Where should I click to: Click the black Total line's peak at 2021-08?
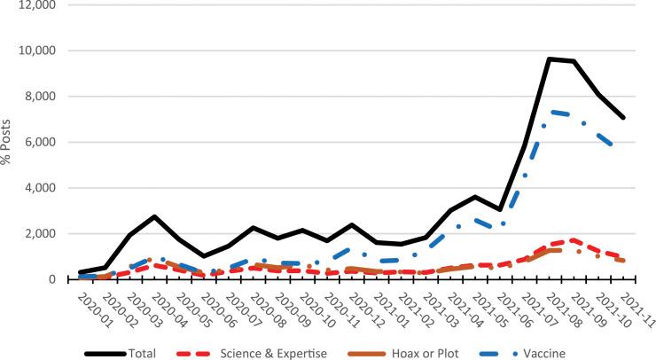(x=551, y=59)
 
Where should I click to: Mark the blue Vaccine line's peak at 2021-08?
(x=551, y=112)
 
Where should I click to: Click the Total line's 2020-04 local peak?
(x=154, y=216)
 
